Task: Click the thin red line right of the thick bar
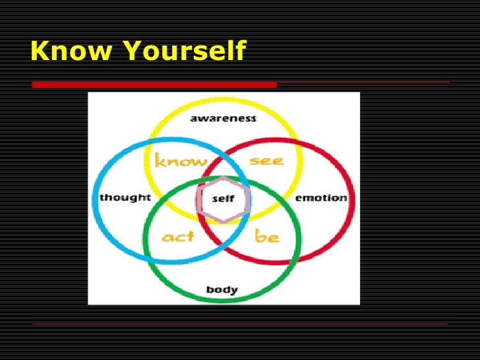click(363, 82)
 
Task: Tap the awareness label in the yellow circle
click(223, 119)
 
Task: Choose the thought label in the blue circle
click(125, 197)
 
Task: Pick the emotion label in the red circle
click(320, 198)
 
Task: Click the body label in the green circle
click(222, 289)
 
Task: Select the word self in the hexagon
click(224, 198)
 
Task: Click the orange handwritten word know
click(180, 161)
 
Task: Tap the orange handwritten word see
click(266, 161)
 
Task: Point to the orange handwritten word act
click(178, 236)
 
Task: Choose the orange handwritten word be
click(267, 235)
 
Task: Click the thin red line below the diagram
click(240, 324)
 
